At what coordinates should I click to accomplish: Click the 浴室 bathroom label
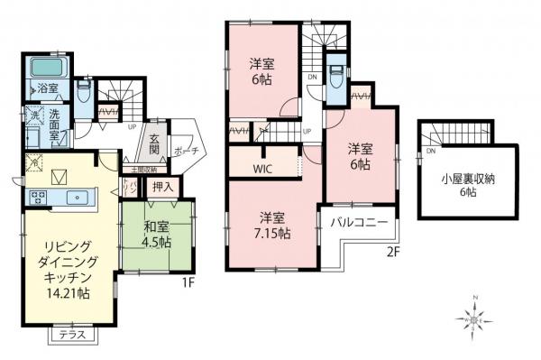tap(47, 88)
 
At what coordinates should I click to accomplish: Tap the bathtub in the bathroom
tap(45, 68)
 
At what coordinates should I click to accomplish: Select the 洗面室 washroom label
tap(51, 123)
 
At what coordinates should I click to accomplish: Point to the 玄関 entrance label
tap(154, 145)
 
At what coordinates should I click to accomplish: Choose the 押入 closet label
tap(163, 188)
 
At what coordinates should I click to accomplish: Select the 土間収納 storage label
tap(142, 169)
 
